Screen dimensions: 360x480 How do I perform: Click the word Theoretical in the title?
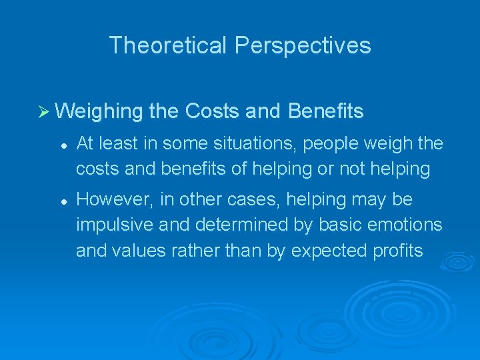pyautogui.click(x=169, y=45)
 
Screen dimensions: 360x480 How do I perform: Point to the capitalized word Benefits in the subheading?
pyautogui.click(x=326, y=111)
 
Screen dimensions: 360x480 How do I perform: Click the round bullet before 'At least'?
pyautogui.click(x=61, y=145)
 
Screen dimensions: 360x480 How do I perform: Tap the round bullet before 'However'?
pyautogui.click(x=61, y=200)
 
